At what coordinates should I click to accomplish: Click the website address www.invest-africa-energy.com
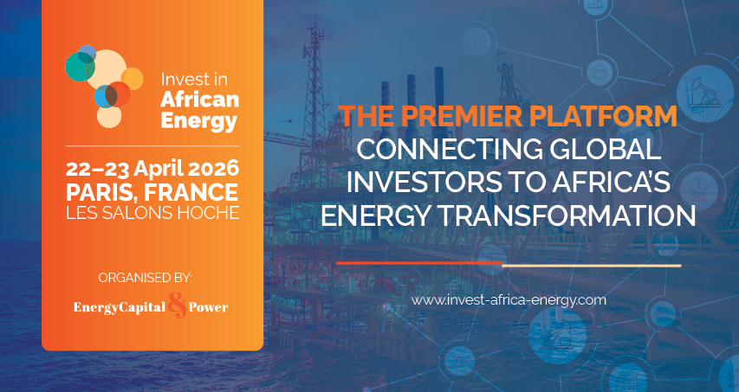509,300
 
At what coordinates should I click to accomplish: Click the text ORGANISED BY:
146,278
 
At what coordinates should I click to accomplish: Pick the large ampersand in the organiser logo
178,307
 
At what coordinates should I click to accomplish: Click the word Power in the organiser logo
208,308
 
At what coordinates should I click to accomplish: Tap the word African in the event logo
199,100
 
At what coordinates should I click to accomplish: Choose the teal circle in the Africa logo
80,67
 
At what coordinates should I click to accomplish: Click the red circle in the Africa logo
118,94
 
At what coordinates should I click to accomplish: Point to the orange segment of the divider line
419,263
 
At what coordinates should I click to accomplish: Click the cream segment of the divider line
592,266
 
